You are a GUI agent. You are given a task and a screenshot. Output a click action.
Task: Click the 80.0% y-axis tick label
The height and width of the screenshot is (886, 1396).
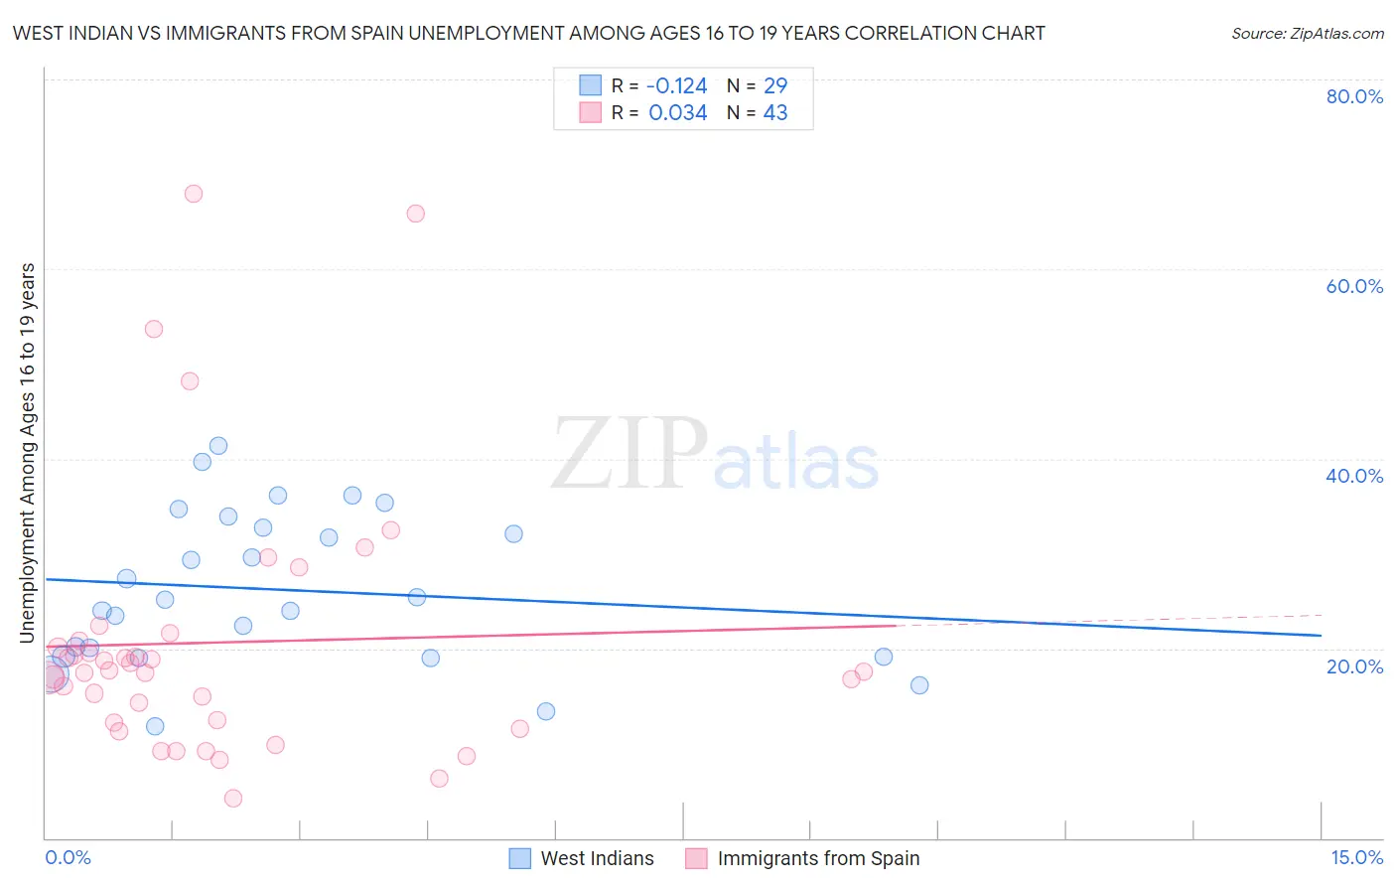coord(1354,96)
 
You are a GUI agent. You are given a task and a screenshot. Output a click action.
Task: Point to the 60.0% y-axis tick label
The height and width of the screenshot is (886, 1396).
coord(1354,286)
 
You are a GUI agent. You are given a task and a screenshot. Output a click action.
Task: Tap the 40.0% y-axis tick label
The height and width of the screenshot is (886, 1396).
coord(1354,476)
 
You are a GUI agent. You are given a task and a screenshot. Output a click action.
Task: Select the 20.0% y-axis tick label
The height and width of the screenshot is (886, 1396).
coord(1354,666)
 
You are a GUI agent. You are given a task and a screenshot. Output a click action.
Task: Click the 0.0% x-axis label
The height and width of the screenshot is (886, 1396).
coord(68,857)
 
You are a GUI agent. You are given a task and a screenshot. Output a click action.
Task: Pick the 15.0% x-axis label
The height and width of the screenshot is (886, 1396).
coord(1356,857)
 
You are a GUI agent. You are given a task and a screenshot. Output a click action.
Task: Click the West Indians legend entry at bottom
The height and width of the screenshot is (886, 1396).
coord(596,858)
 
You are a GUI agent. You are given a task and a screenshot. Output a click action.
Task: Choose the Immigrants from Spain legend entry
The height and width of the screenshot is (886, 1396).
coord(817,858)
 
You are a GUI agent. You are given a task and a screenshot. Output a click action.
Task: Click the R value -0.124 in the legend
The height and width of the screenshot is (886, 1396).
coord(677,86)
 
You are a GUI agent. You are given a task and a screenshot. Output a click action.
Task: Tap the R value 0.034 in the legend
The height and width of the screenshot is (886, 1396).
coord(677,113)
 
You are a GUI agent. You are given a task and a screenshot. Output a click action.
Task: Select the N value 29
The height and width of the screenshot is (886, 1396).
coord(775,86)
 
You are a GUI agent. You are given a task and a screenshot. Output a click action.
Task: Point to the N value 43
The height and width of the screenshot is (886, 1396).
coord(775,113)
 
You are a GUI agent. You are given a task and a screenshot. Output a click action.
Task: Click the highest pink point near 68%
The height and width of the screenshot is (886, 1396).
coord(194,194)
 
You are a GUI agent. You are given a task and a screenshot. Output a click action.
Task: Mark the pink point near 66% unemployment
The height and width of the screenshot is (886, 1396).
coord(416,214)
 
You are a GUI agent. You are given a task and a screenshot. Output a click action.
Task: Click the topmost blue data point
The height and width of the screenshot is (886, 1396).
coord(218,446)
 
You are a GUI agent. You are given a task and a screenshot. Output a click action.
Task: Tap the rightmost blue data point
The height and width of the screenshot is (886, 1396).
coord(919,685)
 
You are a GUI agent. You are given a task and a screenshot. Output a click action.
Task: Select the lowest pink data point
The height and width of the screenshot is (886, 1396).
coord(233,799)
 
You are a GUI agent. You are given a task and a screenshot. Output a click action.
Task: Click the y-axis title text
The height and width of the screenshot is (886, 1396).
coord(28,453)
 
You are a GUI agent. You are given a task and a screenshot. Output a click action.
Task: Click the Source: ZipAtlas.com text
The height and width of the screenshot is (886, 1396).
coord(1307,34)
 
